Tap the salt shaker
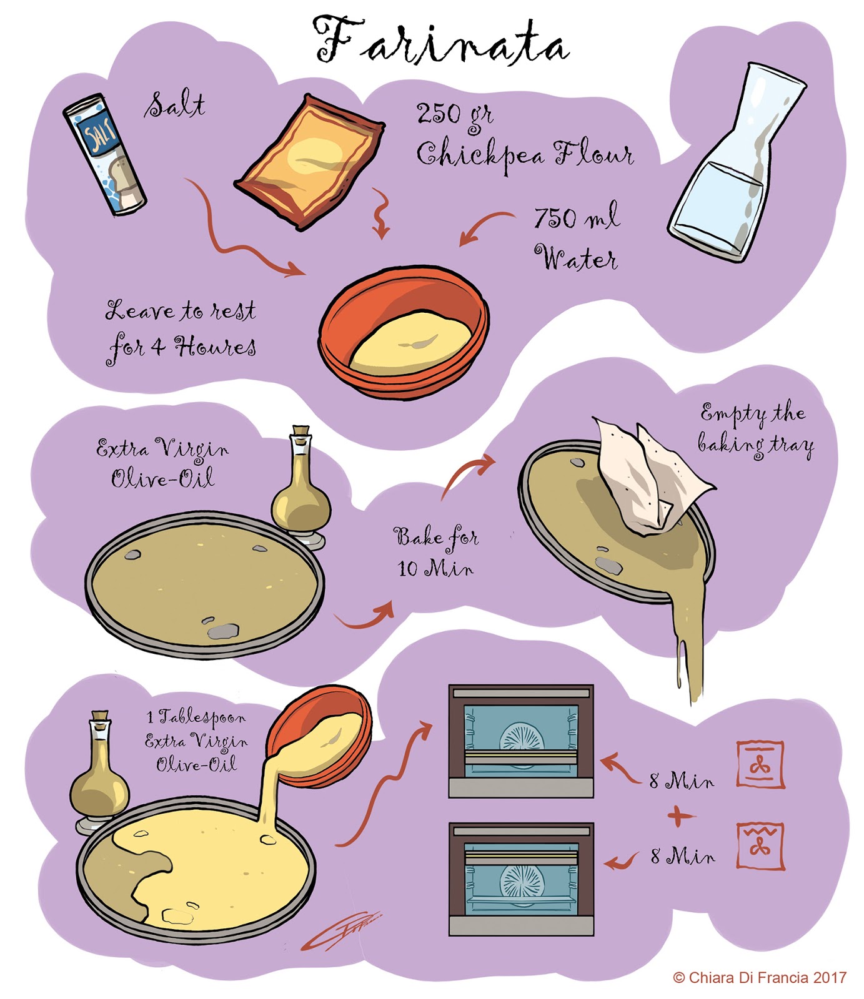tap(104, 154)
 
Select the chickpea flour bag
tap(310, 162)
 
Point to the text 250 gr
tap(454, 115)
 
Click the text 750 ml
tap(575, 217)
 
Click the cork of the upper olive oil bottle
tap(301, 432)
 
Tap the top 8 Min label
tap(681, 780)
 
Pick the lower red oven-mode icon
tap(760, 845)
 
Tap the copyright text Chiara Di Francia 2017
tap(760, 977)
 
